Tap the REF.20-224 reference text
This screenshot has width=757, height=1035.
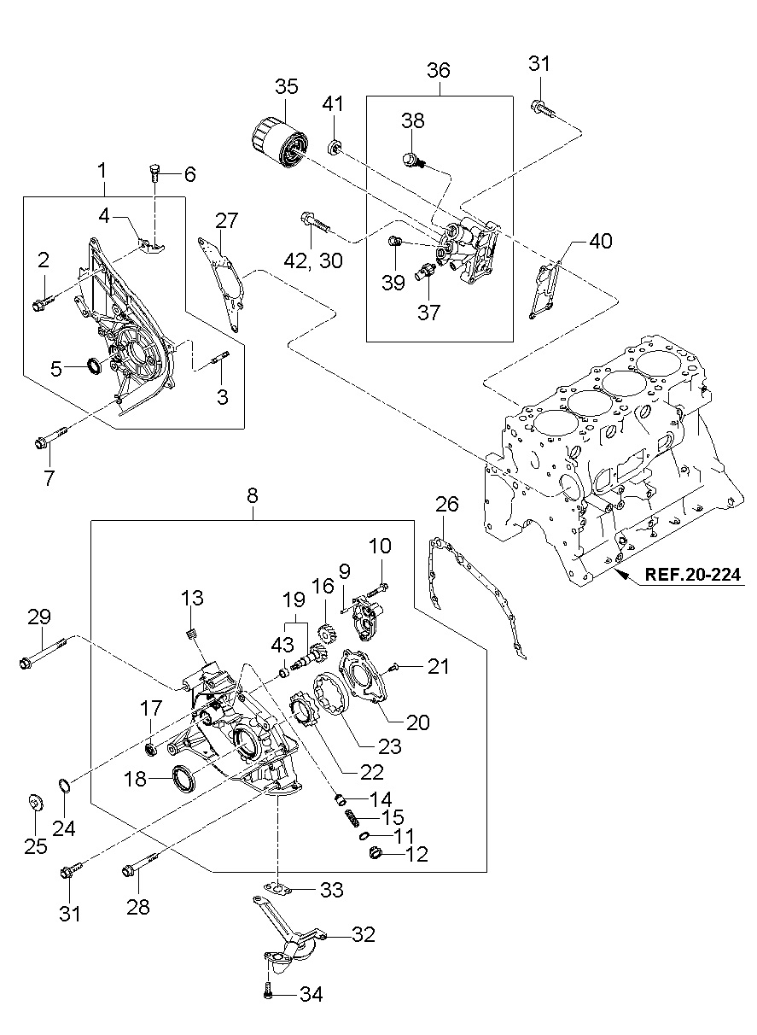[692, 575]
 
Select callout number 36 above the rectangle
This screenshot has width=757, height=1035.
[438, 70]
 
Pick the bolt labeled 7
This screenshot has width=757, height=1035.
[51, 437]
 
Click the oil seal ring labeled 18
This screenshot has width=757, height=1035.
[183, 779]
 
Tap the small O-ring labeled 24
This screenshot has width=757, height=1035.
[65, 785]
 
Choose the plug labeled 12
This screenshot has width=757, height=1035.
[376, 853]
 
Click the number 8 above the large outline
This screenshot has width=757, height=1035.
[252, 497]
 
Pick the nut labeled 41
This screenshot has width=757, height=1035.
[335, 148]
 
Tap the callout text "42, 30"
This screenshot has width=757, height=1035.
[312, 261]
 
